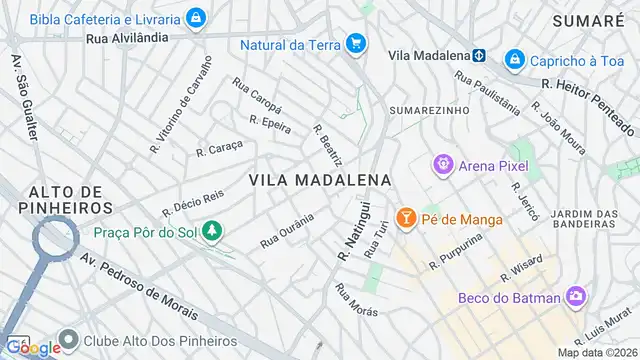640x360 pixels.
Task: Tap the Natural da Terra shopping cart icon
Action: (355, 43)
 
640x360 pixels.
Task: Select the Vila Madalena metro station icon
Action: (479, 55)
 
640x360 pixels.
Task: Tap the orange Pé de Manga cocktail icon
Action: (406, 216)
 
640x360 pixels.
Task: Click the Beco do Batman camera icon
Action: (575, 296)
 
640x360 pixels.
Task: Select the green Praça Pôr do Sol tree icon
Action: (211, 232)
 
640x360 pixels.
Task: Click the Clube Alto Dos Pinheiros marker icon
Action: (69, 339)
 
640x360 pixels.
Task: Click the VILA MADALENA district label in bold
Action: (319, 179)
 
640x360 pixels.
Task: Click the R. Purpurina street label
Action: (455, 252)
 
